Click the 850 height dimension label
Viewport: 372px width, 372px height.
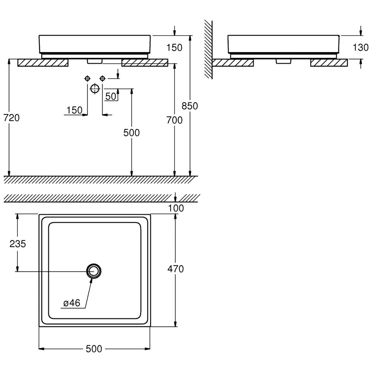click(x=190, y=106)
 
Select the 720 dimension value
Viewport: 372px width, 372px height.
click(x=12, y=118)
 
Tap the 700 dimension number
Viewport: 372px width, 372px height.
click(x=174, y=120)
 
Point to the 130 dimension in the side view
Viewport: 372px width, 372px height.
click(x=360, y=48)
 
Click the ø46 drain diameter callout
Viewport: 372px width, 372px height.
click(x=72, y=303)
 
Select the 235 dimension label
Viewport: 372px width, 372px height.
click(x=17, y=244)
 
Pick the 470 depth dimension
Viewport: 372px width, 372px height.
click(x=176, y=269)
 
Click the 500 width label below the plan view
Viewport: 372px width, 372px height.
click(x=94, y=349)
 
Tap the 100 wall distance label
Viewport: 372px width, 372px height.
click(x=176, y=208)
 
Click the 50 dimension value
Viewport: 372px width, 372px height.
click(x=110, y=96)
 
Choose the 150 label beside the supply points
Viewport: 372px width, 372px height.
click(x=74, y=110)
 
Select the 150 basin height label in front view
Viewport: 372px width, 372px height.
click(x=174, y=48)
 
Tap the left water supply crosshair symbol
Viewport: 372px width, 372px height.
click(x=87, y=78)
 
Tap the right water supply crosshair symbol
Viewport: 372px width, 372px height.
click(x=102, y=78)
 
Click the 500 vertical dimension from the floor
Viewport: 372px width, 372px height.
click(x=131, y=133)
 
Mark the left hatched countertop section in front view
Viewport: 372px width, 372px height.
click(x=43, y=62)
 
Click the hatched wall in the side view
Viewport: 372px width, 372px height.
click(x=208, y=49)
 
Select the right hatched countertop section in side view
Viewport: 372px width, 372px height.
click(x=329, y=62)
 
